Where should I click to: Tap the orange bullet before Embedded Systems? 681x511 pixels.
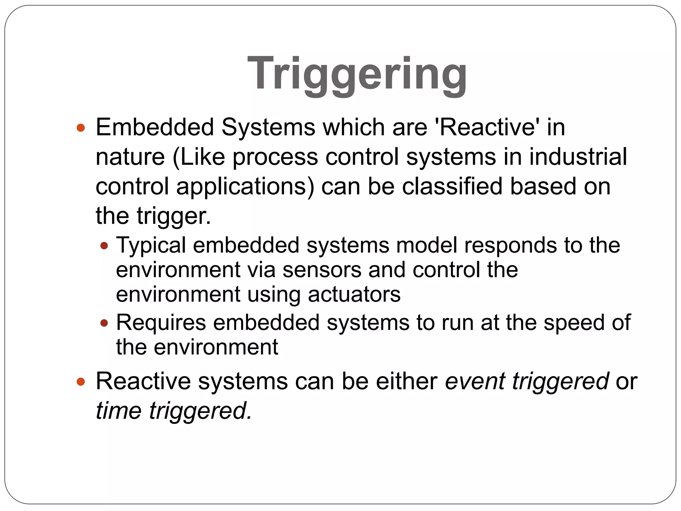(80, 128)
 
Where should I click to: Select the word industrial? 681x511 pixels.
(578, 157)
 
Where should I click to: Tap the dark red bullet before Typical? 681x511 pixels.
(104, 246)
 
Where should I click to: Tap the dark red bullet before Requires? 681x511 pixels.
(104, 323)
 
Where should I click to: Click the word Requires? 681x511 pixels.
(161, 323)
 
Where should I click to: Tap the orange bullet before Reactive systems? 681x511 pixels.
(80, 382)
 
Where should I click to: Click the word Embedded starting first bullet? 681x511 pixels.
(155, 128)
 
